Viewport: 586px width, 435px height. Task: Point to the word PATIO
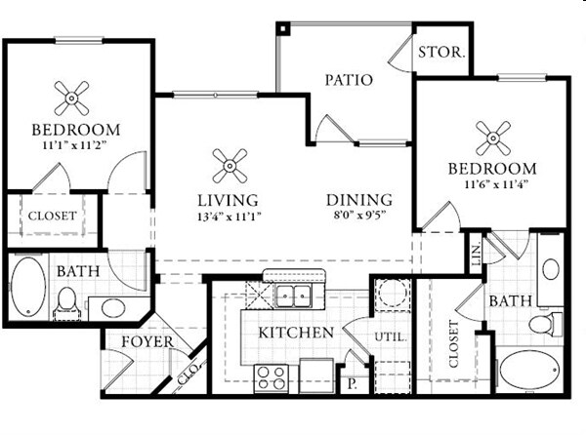(x=349, y=79)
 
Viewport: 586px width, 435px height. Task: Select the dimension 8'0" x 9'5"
(x=358, y=216)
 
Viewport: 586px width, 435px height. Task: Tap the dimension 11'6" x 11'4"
(x=492, y=183)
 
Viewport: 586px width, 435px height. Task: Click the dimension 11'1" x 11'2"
(x=74, y=144)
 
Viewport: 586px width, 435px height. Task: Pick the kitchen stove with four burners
(x=270, y=376)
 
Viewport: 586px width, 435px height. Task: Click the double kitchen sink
(x=293, y=296)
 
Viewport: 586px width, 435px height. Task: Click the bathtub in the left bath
(x=28, y=288)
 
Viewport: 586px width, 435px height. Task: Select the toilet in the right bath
(x=543, y=323)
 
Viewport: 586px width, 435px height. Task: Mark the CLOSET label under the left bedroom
(x=52, y=216)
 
